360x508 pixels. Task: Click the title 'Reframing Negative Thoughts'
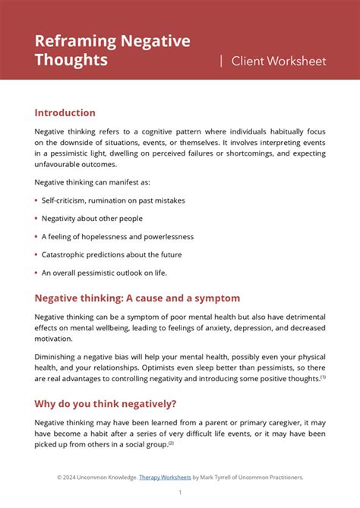coord(112,50)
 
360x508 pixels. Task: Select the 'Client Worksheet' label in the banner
coord(278,61)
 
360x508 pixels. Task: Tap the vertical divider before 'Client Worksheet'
coord(221,61)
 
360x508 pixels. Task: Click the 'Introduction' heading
coord(65,112)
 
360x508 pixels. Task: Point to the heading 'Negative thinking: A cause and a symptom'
coord(137,298)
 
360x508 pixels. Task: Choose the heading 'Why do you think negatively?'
coord(109,402)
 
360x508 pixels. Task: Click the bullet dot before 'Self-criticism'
coord(36,200)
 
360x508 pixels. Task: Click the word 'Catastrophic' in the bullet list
coord(63,254)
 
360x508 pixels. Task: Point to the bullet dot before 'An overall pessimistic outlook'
coord(36,273)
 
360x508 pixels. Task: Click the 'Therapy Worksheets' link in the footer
coord(165,477)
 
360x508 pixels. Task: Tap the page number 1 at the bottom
coord(180,492)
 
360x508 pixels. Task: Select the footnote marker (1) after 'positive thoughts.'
coord(323,376)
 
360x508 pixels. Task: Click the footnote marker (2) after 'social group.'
coord(171,443)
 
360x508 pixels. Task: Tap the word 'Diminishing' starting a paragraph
coord(55,356)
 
